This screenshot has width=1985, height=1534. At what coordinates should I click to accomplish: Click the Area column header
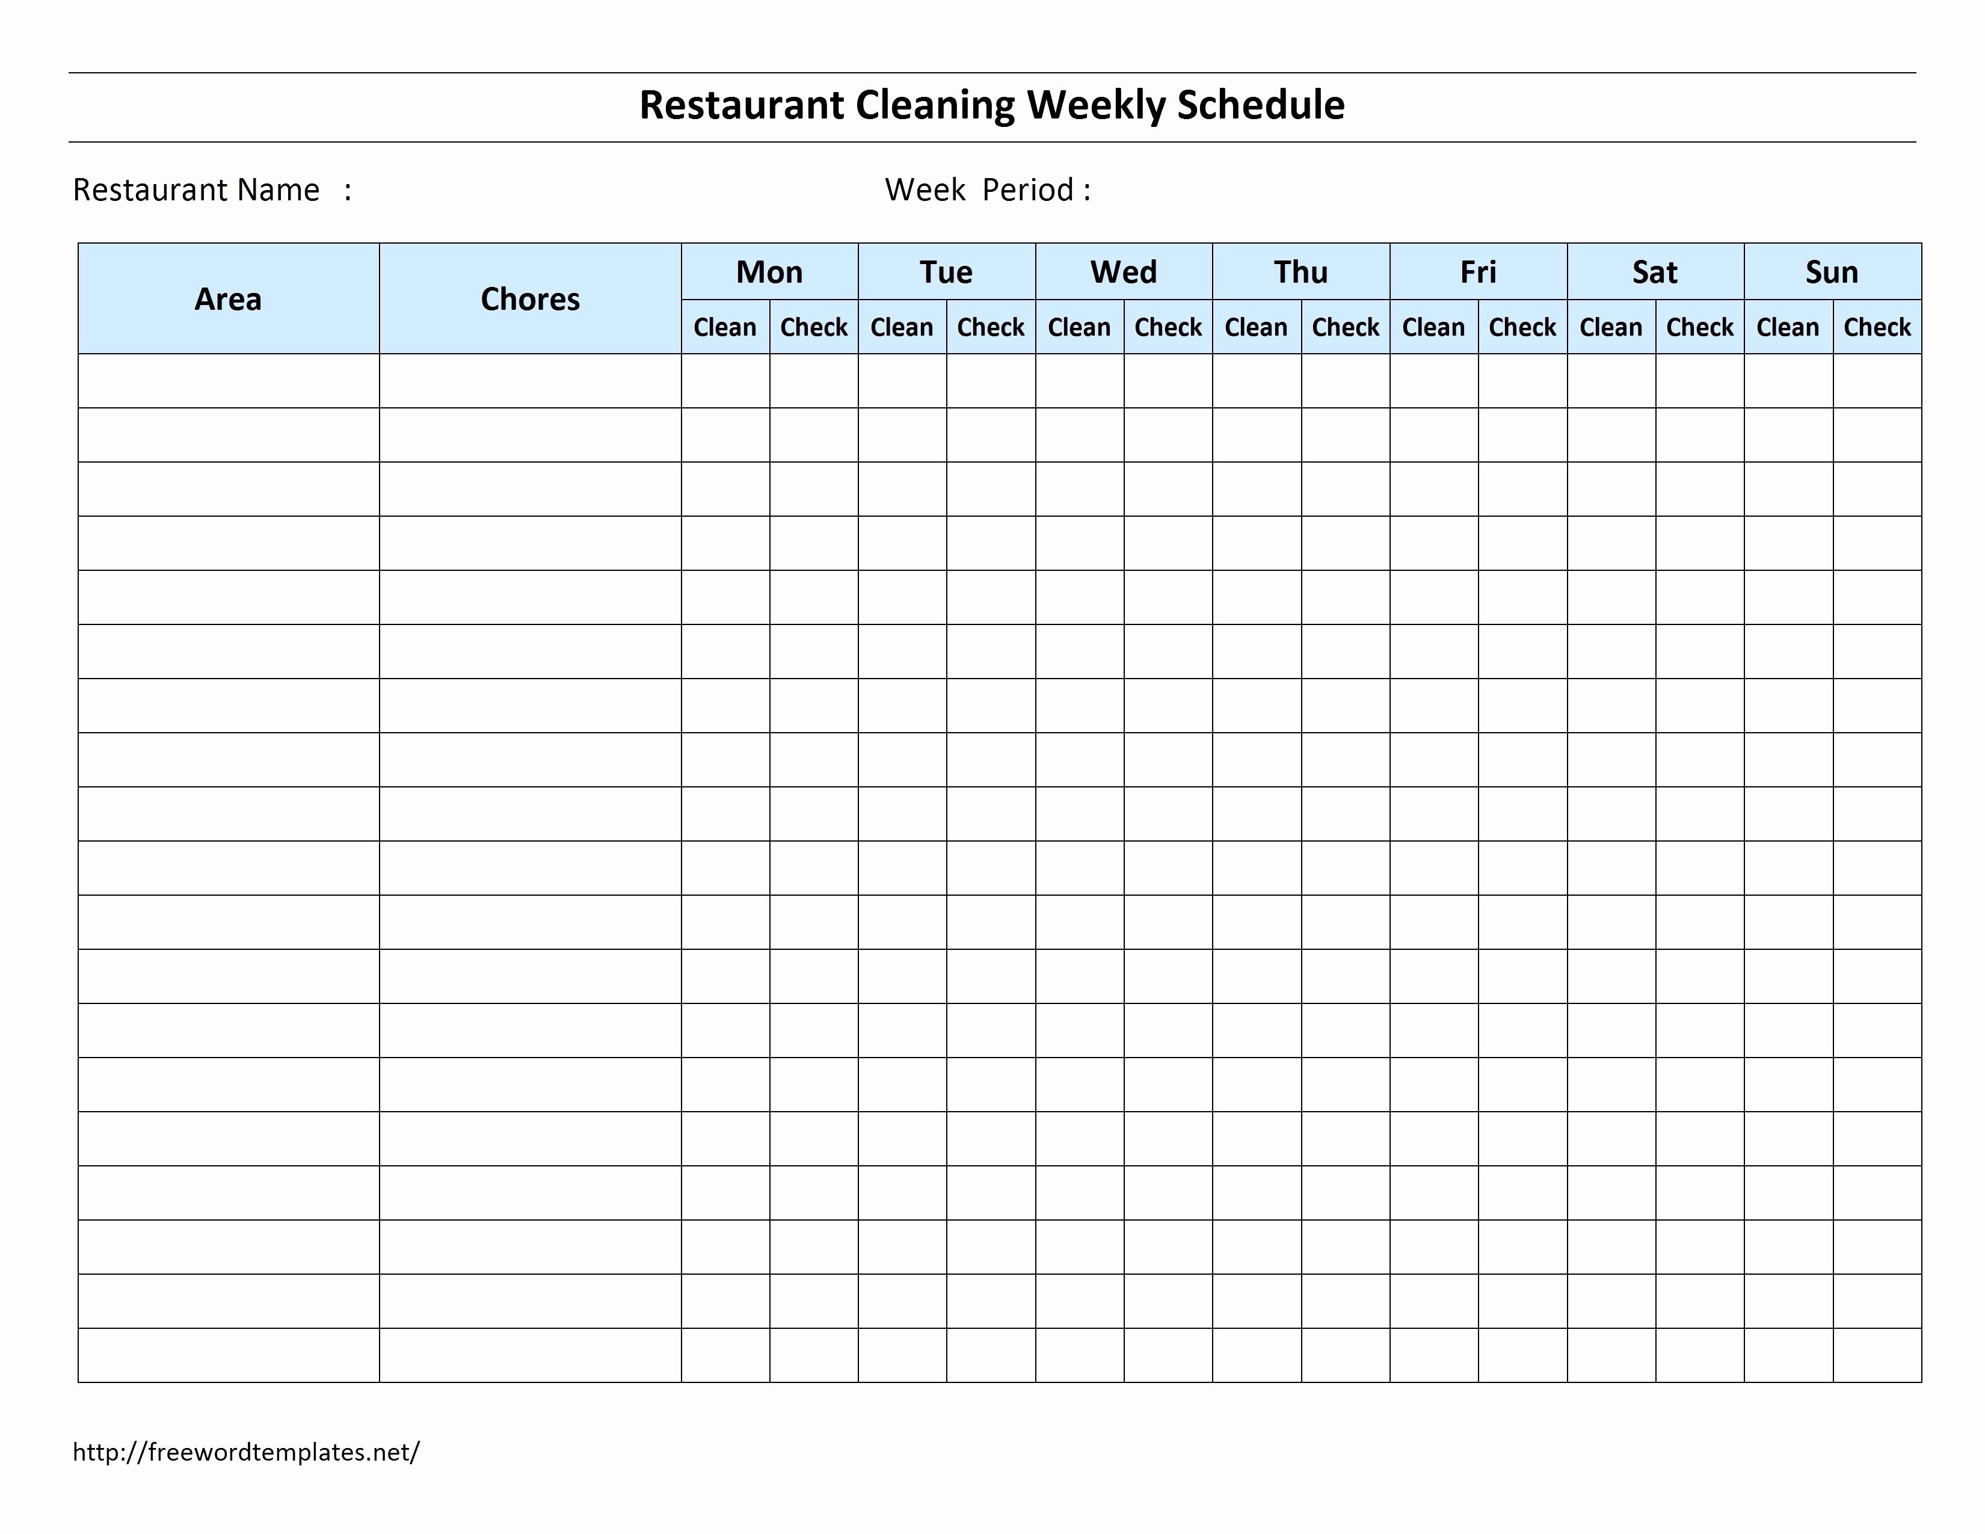coord(228,299)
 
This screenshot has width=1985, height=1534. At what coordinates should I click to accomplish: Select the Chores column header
coord(530,299)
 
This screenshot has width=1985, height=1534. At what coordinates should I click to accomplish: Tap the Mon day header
coord(769,272)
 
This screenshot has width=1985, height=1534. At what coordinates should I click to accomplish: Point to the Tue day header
coord(946,272)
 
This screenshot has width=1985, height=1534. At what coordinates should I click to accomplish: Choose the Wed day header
coord(1124,272)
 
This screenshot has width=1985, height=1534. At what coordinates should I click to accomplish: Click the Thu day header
coord(1300,272)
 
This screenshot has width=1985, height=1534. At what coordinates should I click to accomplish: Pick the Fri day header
coord(1478,272)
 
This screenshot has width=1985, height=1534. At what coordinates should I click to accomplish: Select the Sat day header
coord(1655,272)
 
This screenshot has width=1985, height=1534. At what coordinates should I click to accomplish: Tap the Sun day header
coord(1832,272)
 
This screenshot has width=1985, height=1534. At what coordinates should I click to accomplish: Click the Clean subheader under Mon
coord(724,327)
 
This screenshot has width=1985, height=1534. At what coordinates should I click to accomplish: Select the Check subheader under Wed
coord(1168,327)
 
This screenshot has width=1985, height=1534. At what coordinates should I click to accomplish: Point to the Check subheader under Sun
coord(1877,327)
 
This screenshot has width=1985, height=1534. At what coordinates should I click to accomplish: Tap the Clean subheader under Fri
coord(1433,327)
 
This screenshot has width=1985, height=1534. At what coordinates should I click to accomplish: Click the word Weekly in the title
coord(1096,105)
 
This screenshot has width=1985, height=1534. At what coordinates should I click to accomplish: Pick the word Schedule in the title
coord(1261,105)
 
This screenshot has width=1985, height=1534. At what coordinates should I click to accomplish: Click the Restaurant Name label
coord(196,190)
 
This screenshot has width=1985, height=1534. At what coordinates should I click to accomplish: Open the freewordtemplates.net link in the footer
coord(246,1452)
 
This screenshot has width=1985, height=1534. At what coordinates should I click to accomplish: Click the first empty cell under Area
coord(228,381)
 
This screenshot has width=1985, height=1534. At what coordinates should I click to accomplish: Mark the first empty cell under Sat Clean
coord(1610,381)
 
